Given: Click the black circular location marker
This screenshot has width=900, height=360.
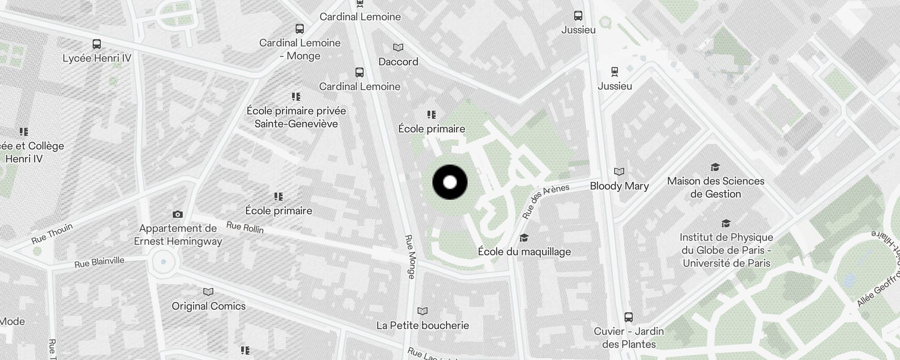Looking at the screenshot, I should tap(450, 182).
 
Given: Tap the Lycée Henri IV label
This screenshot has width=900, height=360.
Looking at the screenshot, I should tap(97, 58).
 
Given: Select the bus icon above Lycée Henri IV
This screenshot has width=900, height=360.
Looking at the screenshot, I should tap(96, 44).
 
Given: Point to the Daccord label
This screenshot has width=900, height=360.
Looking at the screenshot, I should tap(398, 62).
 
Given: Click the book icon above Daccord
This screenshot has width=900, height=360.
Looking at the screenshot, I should tap(398, 47).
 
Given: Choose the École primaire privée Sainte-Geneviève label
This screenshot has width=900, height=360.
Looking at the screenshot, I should tap(296, 117).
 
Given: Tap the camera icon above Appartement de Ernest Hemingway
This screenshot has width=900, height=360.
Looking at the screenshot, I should tap(178, 215).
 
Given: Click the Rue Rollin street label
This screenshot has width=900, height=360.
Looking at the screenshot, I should tap(245, 227).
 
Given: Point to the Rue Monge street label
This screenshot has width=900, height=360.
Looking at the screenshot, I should tap(410, 256).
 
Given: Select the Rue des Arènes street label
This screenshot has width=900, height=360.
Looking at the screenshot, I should tap(546, 201).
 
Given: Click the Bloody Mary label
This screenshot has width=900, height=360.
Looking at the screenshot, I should tap(619, 186).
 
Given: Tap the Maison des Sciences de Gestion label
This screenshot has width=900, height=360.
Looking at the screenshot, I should tap(715, 187).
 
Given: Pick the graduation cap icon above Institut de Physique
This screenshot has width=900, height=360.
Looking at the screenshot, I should tap(726, 224).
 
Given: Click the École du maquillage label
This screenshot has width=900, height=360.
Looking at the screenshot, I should tap(524, 252).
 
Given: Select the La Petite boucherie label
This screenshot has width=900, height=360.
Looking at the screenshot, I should tap(423, 325).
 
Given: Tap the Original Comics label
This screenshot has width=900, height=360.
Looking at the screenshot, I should tap(209, 306).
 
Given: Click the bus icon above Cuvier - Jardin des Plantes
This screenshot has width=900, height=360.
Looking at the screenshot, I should tap(629, 317).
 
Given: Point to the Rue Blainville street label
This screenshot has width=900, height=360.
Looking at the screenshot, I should tap(99, 262).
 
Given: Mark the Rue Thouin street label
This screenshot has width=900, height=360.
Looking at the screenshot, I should tap(52, 234).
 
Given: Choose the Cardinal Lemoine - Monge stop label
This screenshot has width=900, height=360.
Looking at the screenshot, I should tap(300, 49).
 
